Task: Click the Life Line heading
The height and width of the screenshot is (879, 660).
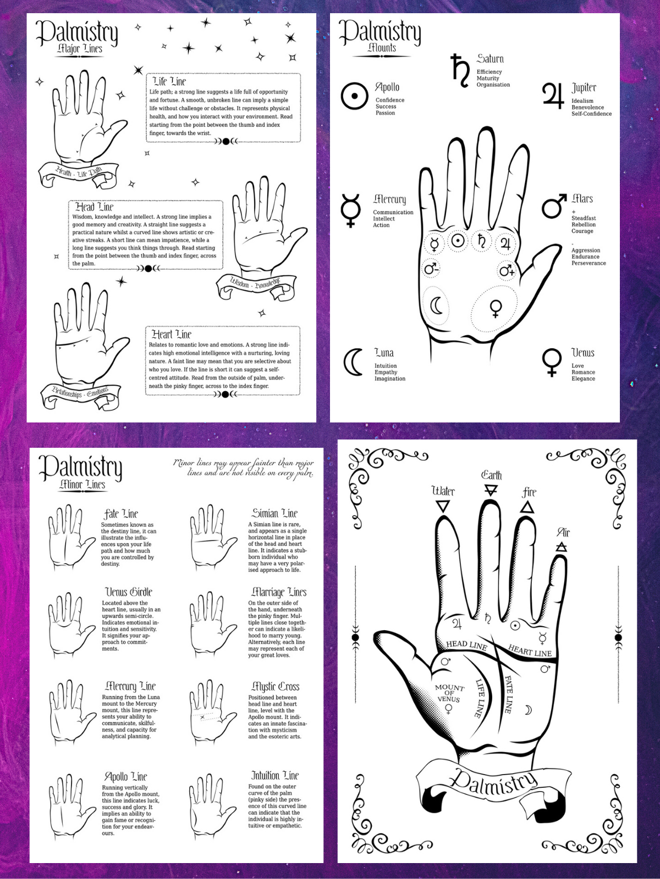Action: click(169, 81)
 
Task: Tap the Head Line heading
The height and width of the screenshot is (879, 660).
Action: click(94, 207)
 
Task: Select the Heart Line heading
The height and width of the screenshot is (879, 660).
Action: click(172, 334)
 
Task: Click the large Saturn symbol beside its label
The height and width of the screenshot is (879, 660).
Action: click(460, 70)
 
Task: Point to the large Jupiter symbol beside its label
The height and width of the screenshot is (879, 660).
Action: click(553, 96)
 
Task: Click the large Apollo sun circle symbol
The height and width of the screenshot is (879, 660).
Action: click(354, 96)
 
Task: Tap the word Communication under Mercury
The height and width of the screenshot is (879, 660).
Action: click(393, 212)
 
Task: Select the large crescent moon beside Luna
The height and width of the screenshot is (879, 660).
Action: click(353, 362)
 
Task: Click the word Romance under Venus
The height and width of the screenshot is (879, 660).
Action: click(583, 372)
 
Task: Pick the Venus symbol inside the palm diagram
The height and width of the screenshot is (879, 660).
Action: click(495, 308)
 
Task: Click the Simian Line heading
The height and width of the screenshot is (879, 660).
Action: click(274, 513)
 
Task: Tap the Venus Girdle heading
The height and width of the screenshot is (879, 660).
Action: click(129, 592)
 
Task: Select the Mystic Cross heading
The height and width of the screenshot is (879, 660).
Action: click(275, 686)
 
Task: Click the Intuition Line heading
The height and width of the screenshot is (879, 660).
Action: click(275, 775)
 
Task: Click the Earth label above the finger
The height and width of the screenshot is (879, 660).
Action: click(491, 475)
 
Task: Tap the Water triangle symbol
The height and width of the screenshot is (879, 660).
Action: click(442, 506)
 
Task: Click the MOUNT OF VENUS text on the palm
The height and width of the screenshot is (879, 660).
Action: click(449, 693)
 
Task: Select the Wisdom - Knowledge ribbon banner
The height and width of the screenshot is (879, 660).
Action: click(255, 285)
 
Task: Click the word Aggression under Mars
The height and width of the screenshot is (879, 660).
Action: click(586, 250)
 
